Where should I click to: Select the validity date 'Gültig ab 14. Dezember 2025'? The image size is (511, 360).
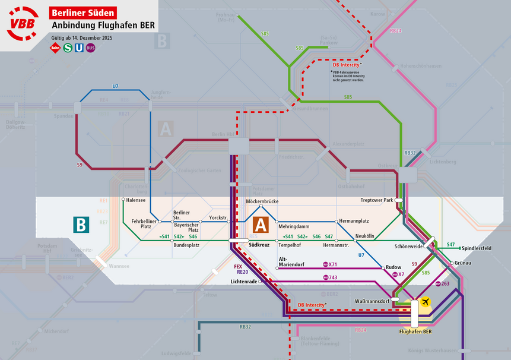pyautogui.click(x=81, y=37)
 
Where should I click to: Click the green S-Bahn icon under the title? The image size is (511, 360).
pyautogui.click(x=68, y=48)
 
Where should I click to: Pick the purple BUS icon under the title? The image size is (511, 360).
pyautogui.click(x=90, y=48)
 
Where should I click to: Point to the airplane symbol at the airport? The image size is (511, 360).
pyautogui.click(x=425, y=302)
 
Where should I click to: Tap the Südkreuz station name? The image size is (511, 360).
pyautogui.click(x=259, y=245)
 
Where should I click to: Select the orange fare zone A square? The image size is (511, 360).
pyautogui.click(x=261, y=225)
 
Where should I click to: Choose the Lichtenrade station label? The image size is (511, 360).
pyautogui.click(x=243, y=281)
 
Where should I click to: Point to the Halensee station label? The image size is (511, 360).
pyautogui.click(x=136, y=200)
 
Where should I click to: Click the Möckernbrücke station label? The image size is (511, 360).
pyautogui.click(x=262, y=202)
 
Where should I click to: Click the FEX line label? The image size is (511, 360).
pyautogui.click(x=237, y=267)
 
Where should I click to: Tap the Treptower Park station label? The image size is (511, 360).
pyautogui.click(x=377, y=200)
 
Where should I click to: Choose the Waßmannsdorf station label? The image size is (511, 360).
pyautogui.click(x=372, y=301)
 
